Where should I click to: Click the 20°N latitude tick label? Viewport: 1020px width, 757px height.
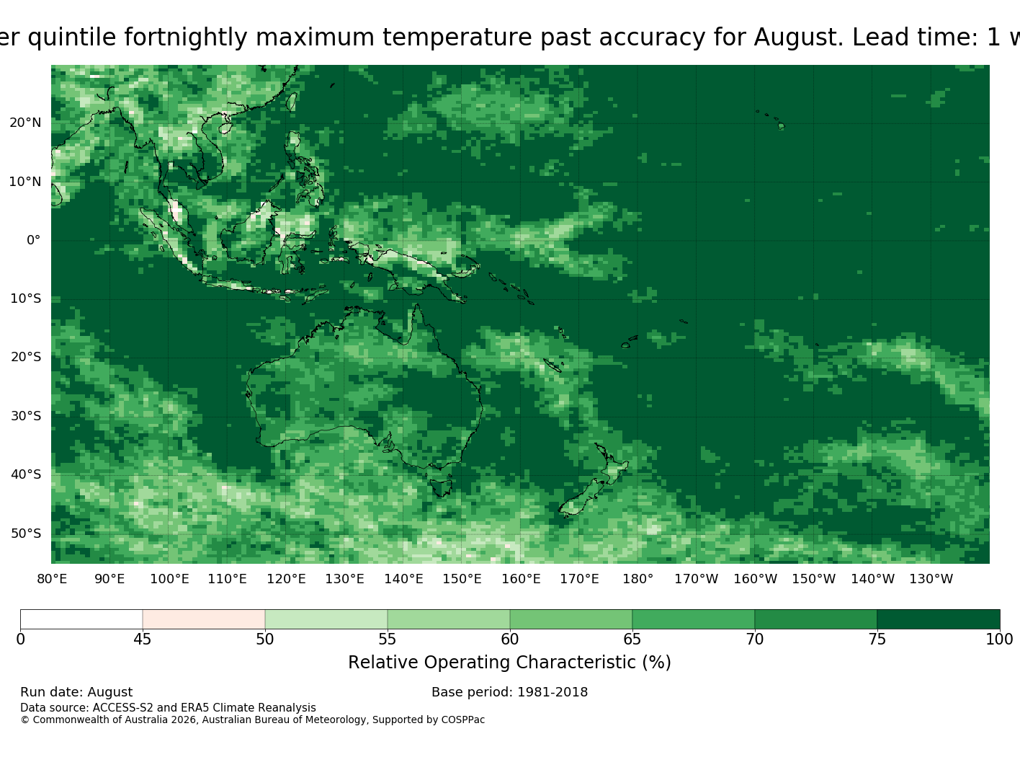tap(25, 123)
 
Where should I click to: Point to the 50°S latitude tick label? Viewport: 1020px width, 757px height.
tap(26, 534)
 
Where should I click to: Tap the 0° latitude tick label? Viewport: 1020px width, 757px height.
tap(34, 240)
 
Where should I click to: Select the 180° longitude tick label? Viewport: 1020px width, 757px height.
tap(637, 579)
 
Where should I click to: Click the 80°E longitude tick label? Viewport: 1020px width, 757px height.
tap(52, 579)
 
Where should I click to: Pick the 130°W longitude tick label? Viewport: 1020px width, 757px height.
tap(931, 579)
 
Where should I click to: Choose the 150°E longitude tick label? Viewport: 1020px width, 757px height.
tap(462, 579)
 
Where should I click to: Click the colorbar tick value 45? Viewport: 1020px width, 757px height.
tap(143, 639)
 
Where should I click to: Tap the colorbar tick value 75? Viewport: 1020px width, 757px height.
tap(877, 639)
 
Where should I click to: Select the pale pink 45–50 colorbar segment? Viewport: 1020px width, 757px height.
tap(204, 619)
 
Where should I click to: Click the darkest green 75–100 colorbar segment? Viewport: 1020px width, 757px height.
tap(938, 619)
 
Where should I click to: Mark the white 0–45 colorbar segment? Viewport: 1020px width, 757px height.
tap(81, 619)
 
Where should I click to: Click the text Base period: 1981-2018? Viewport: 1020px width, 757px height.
tap(509, 692)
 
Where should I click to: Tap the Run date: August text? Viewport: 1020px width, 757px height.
tap(76, 692)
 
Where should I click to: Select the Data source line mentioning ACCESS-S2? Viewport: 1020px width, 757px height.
tap(168, 708)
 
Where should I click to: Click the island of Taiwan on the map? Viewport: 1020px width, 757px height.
tap(292, 102)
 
